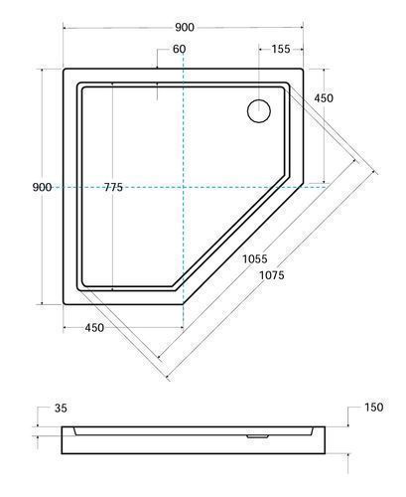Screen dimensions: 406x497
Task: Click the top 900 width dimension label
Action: point(185,28)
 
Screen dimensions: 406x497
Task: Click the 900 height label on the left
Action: point(42,188)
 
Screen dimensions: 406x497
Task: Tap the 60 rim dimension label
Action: point(180,49)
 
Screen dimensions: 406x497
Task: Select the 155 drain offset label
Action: point(281,49)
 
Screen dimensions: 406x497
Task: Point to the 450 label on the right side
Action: point(324,98)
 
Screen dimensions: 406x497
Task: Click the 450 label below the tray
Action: point(94,328)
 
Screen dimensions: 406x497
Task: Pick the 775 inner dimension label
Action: point(113,188)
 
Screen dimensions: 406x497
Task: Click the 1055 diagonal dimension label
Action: point(255,258)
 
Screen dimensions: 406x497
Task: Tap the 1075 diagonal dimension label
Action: point(272,275)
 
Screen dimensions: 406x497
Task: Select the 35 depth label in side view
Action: point(61,409)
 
